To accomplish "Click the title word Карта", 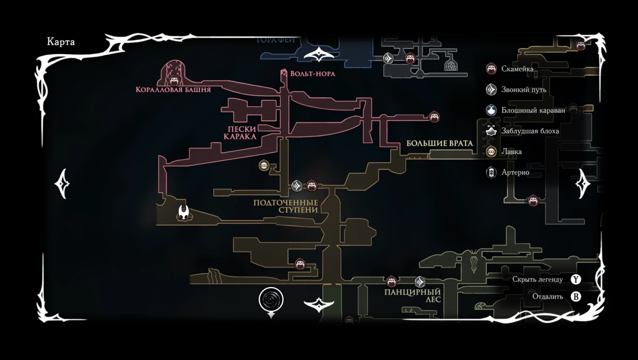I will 61,42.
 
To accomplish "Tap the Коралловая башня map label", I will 173,90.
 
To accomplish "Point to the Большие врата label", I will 439,143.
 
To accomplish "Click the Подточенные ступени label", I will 286,206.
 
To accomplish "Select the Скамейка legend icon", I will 492,69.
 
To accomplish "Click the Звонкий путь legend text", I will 524,89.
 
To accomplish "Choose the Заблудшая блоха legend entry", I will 530,131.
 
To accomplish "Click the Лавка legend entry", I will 511,152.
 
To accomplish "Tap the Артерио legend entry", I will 515,172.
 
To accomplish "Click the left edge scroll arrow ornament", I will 62,184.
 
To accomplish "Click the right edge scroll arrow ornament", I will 583,184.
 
